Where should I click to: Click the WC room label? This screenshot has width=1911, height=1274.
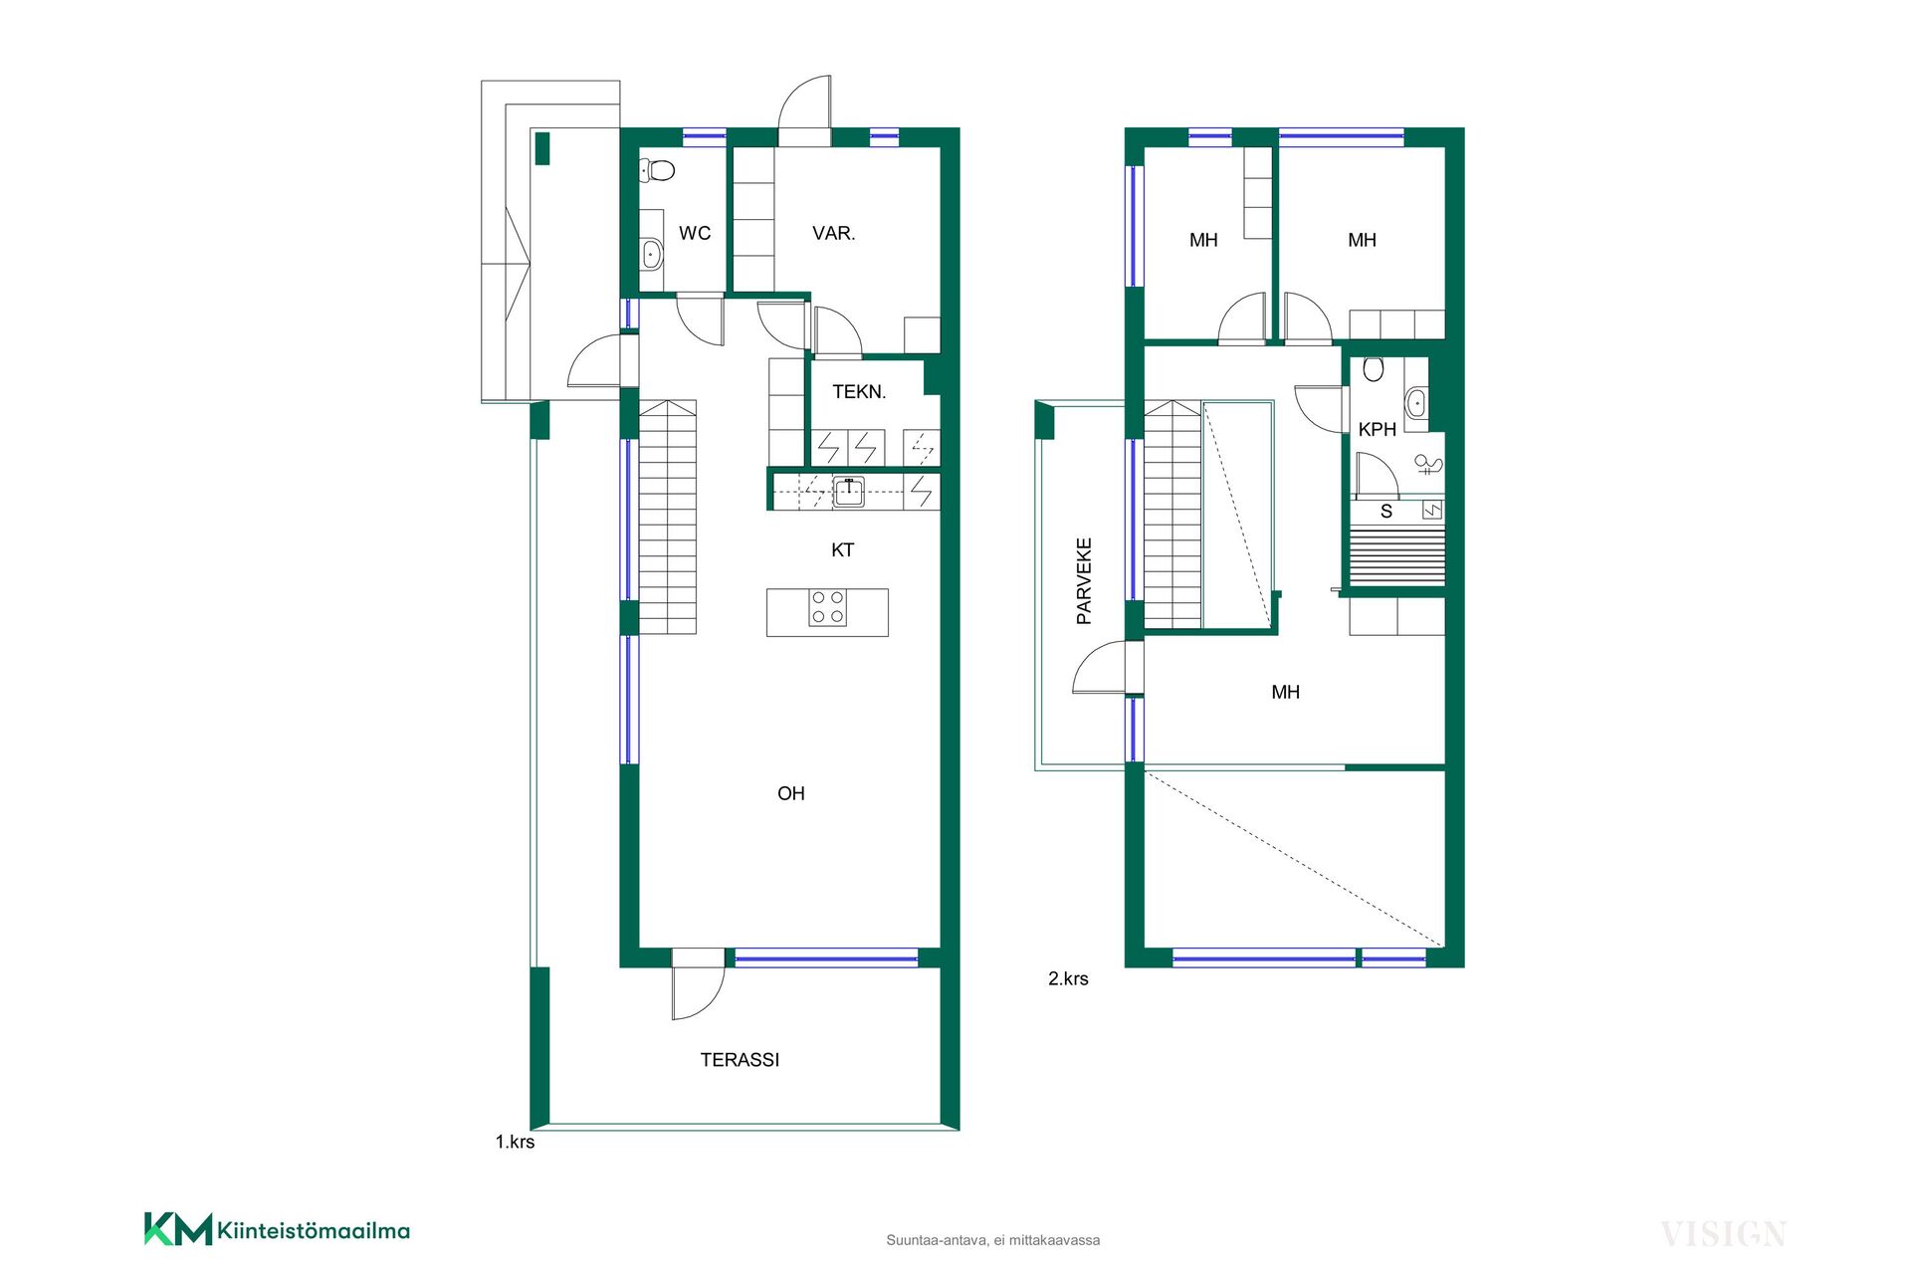pos(695,233)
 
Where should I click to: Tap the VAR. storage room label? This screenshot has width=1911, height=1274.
pos(834,233)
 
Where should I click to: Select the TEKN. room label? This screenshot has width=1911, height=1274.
pos(859,392)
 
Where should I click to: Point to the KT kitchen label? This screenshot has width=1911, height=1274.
pos(843,550)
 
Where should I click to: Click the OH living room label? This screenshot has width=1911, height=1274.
pos(791,793)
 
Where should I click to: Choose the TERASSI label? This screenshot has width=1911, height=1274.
pos(740,1060)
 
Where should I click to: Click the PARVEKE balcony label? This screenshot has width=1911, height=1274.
pos(1084,581)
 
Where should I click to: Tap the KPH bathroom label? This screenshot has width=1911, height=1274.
pos(1378,429)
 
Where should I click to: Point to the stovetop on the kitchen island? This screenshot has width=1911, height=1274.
pos(827,607)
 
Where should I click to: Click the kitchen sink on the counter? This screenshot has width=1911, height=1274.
pos(849,492)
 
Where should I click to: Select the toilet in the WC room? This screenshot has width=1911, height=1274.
pos(656,170)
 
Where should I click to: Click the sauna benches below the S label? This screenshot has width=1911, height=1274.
pos(1396,557)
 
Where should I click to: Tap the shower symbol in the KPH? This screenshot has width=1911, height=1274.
pos(1429,464)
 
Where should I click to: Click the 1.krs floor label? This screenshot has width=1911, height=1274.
pos(515,1142)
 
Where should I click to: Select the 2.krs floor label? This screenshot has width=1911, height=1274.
pos(1068,978)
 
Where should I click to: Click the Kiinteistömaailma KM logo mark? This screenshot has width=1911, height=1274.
pos(178,1229)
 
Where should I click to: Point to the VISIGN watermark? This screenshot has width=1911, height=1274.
pos(1723,1235)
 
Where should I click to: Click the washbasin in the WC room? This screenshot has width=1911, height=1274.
pos(651,254)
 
